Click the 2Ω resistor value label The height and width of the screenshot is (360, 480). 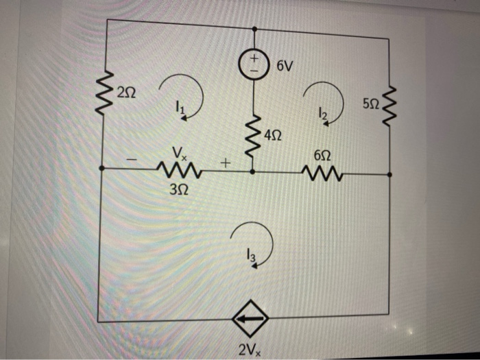[127, 91]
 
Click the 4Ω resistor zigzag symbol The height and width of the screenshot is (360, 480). [254, 136]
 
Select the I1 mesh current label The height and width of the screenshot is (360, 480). [180, 106]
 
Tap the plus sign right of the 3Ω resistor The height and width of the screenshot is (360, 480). [224, 163]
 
